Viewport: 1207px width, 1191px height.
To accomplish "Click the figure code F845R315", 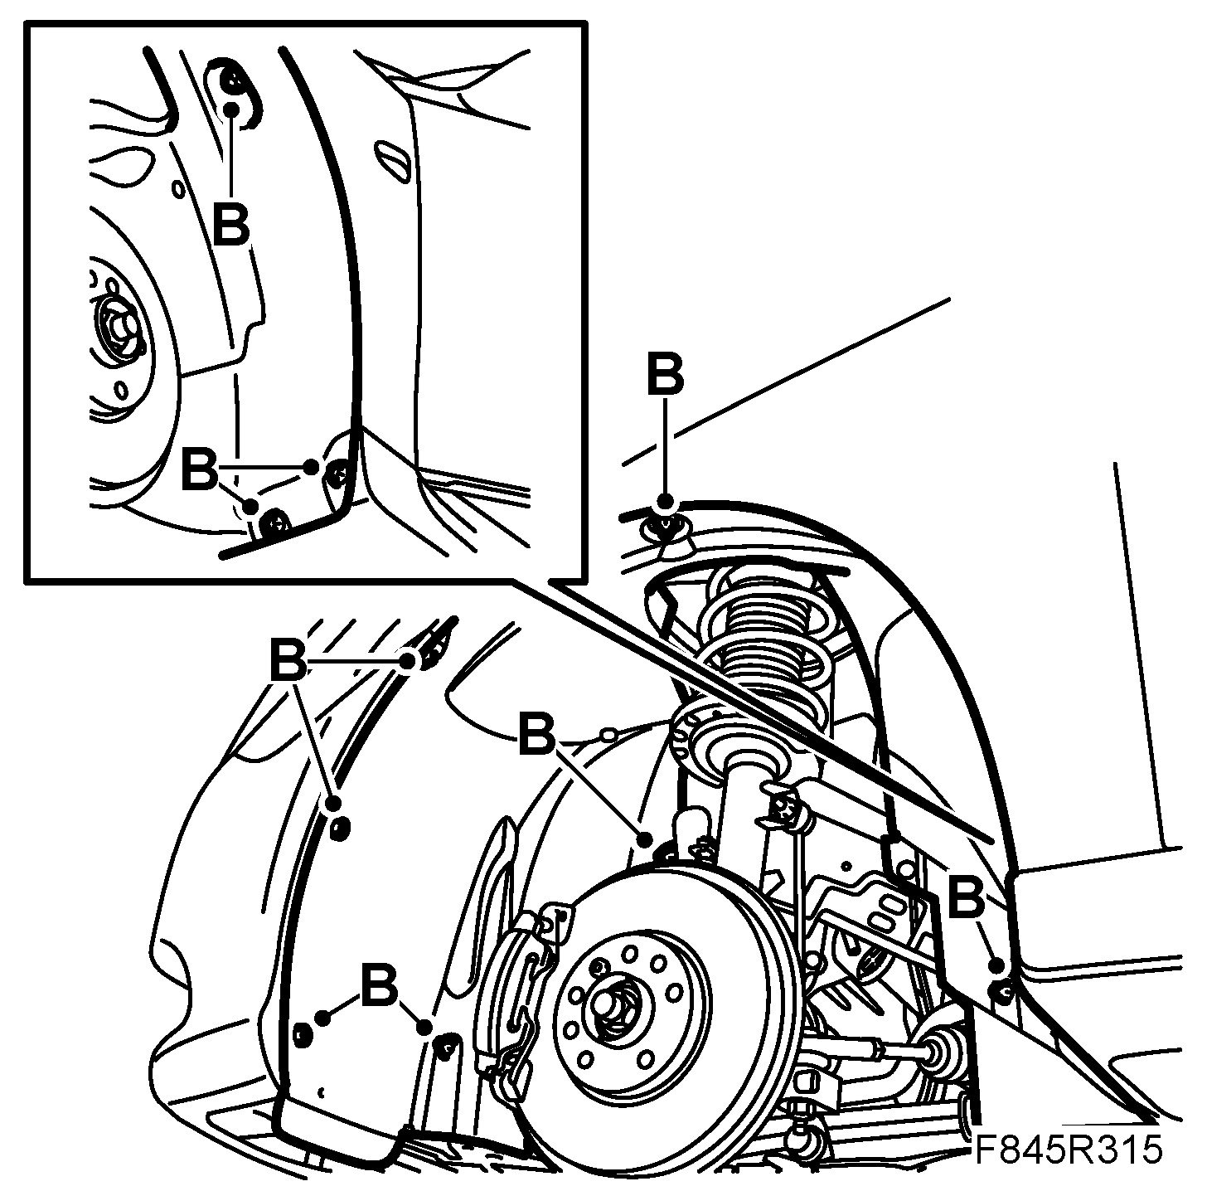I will pos(1067,1151).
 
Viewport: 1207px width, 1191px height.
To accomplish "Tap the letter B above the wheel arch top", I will pos(665,374).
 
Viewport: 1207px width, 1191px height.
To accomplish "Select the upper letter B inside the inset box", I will pos(230,221).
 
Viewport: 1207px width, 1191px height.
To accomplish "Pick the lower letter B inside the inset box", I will pos(199,469).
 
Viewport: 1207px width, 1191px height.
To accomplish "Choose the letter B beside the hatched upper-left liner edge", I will pos(288,659).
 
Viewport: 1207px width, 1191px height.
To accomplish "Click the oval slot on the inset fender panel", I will pos(392,160).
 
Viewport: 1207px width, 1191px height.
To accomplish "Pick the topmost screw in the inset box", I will pos(233,81).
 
